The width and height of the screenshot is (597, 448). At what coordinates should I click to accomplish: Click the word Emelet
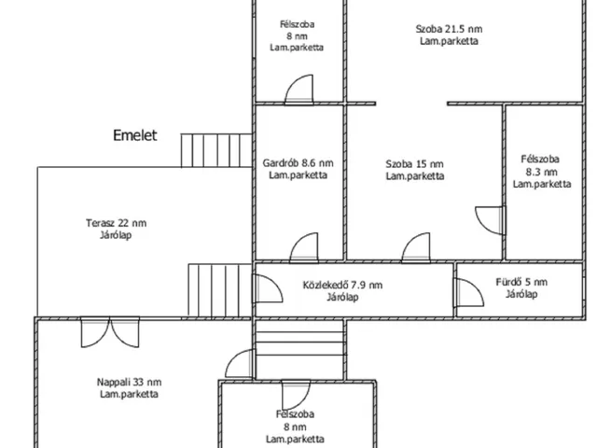tap(134, 135)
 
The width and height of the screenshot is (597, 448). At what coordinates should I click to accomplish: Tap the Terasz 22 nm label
tap(116, 223)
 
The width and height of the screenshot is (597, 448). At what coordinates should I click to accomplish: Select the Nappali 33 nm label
tap(129, 382)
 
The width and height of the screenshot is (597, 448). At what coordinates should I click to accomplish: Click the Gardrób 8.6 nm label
tap(298, 163)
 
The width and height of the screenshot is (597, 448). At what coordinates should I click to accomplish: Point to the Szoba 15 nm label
tap(414, 164)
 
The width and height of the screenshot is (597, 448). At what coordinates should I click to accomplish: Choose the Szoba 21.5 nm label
tap(449, 29)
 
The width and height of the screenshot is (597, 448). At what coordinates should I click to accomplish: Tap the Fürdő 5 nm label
tap(521, 282)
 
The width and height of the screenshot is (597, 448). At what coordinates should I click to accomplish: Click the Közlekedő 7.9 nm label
tap(342, 285)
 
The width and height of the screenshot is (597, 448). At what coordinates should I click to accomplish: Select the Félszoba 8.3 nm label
tap(541, 172)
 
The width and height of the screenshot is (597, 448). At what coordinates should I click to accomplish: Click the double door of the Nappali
tap(110, 332)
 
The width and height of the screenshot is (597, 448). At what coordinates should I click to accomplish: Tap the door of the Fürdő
tap(469, 292)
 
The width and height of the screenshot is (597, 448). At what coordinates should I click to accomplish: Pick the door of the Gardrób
tap(304, 247)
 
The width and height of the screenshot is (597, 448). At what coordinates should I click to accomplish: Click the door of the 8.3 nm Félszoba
tap(491, 220)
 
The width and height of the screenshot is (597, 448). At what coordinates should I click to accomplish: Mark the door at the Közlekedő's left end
tap(268, 288)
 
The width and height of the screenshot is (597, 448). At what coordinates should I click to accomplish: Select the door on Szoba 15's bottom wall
tap(416, 247)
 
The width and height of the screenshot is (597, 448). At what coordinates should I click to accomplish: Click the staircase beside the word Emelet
tap(216, 150)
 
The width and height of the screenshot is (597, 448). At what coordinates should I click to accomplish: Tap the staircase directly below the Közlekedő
tap(300, 350)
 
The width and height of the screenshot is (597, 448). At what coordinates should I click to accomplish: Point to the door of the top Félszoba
tap(299, 90)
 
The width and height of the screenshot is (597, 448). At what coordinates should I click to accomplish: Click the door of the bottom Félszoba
tap(297, 395)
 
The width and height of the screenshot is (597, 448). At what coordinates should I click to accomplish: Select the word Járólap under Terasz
tap(116, 235)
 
